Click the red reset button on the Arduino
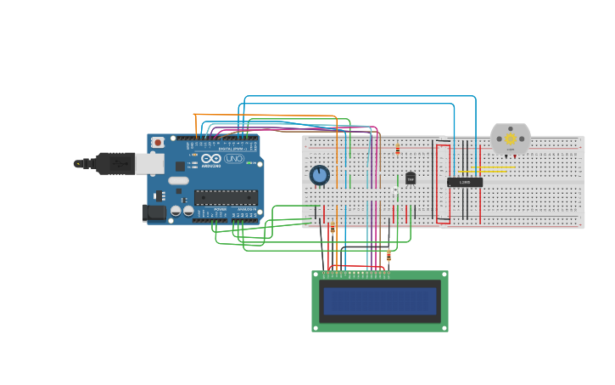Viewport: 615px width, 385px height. [158, 143]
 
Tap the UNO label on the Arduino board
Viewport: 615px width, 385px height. [234, 159]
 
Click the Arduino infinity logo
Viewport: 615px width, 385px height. [211, 159]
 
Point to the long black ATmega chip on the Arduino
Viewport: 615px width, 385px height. [226, 197]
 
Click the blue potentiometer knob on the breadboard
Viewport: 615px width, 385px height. [320, 175]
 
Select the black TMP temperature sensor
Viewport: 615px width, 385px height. [411, 178]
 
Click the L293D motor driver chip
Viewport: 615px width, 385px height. [465, 182]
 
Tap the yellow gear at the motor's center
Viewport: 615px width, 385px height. [511, 139]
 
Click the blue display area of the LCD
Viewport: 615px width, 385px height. [380, 301]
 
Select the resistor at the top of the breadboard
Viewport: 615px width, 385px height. [398, 150]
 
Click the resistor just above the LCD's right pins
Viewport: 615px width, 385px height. [389, 254]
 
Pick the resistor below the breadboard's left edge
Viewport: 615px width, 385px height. [333, 229]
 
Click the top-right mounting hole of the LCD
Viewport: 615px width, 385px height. [444, 275]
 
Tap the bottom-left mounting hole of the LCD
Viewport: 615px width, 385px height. [316, 326]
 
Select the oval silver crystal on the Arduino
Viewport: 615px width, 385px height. [178, 180]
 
